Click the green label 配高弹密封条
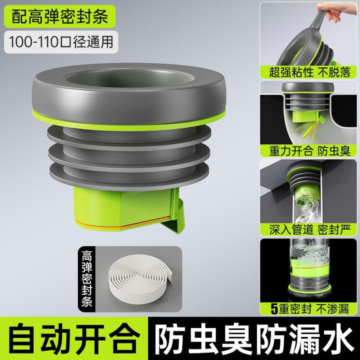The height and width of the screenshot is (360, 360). coord(59,16)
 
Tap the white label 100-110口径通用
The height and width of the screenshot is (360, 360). coord(61,42)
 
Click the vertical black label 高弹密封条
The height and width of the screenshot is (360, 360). coord(87,278)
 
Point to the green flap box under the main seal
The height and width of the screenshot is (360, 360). coord(124,208)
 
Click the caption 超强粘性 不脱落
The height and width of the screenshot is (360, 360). coord(309,72)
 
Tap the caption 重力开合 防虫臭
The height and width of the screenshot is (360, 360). coord(309,151)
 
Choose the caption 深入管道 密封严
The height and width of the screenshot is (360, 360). coord(309,229)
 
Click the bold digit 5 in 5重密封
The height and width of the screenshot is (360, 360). coord(274,309)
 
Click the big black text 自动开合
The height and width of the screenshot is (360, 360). coord(74,339)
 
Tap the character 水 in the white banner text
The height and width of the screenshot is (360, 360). coord(337,339)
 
